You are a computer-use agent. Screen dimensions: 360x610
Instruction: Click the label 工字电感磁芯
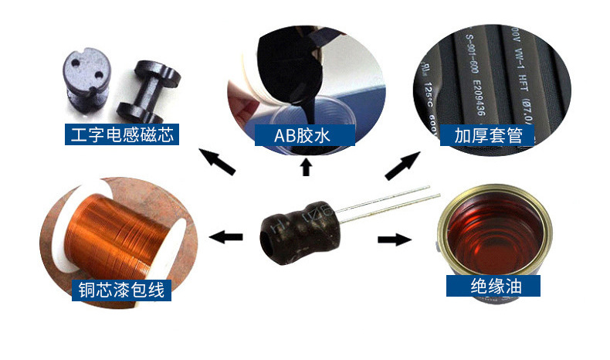pos(120,136)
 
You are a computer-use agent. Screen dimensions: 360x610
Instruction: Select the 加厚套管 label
pos(488,136)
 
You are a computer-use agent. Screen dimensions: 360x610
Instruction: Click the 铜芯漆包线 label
pos(121,290)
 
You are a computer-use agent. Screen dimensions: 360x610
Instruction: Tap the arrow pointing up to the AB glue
pos(305,165)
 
